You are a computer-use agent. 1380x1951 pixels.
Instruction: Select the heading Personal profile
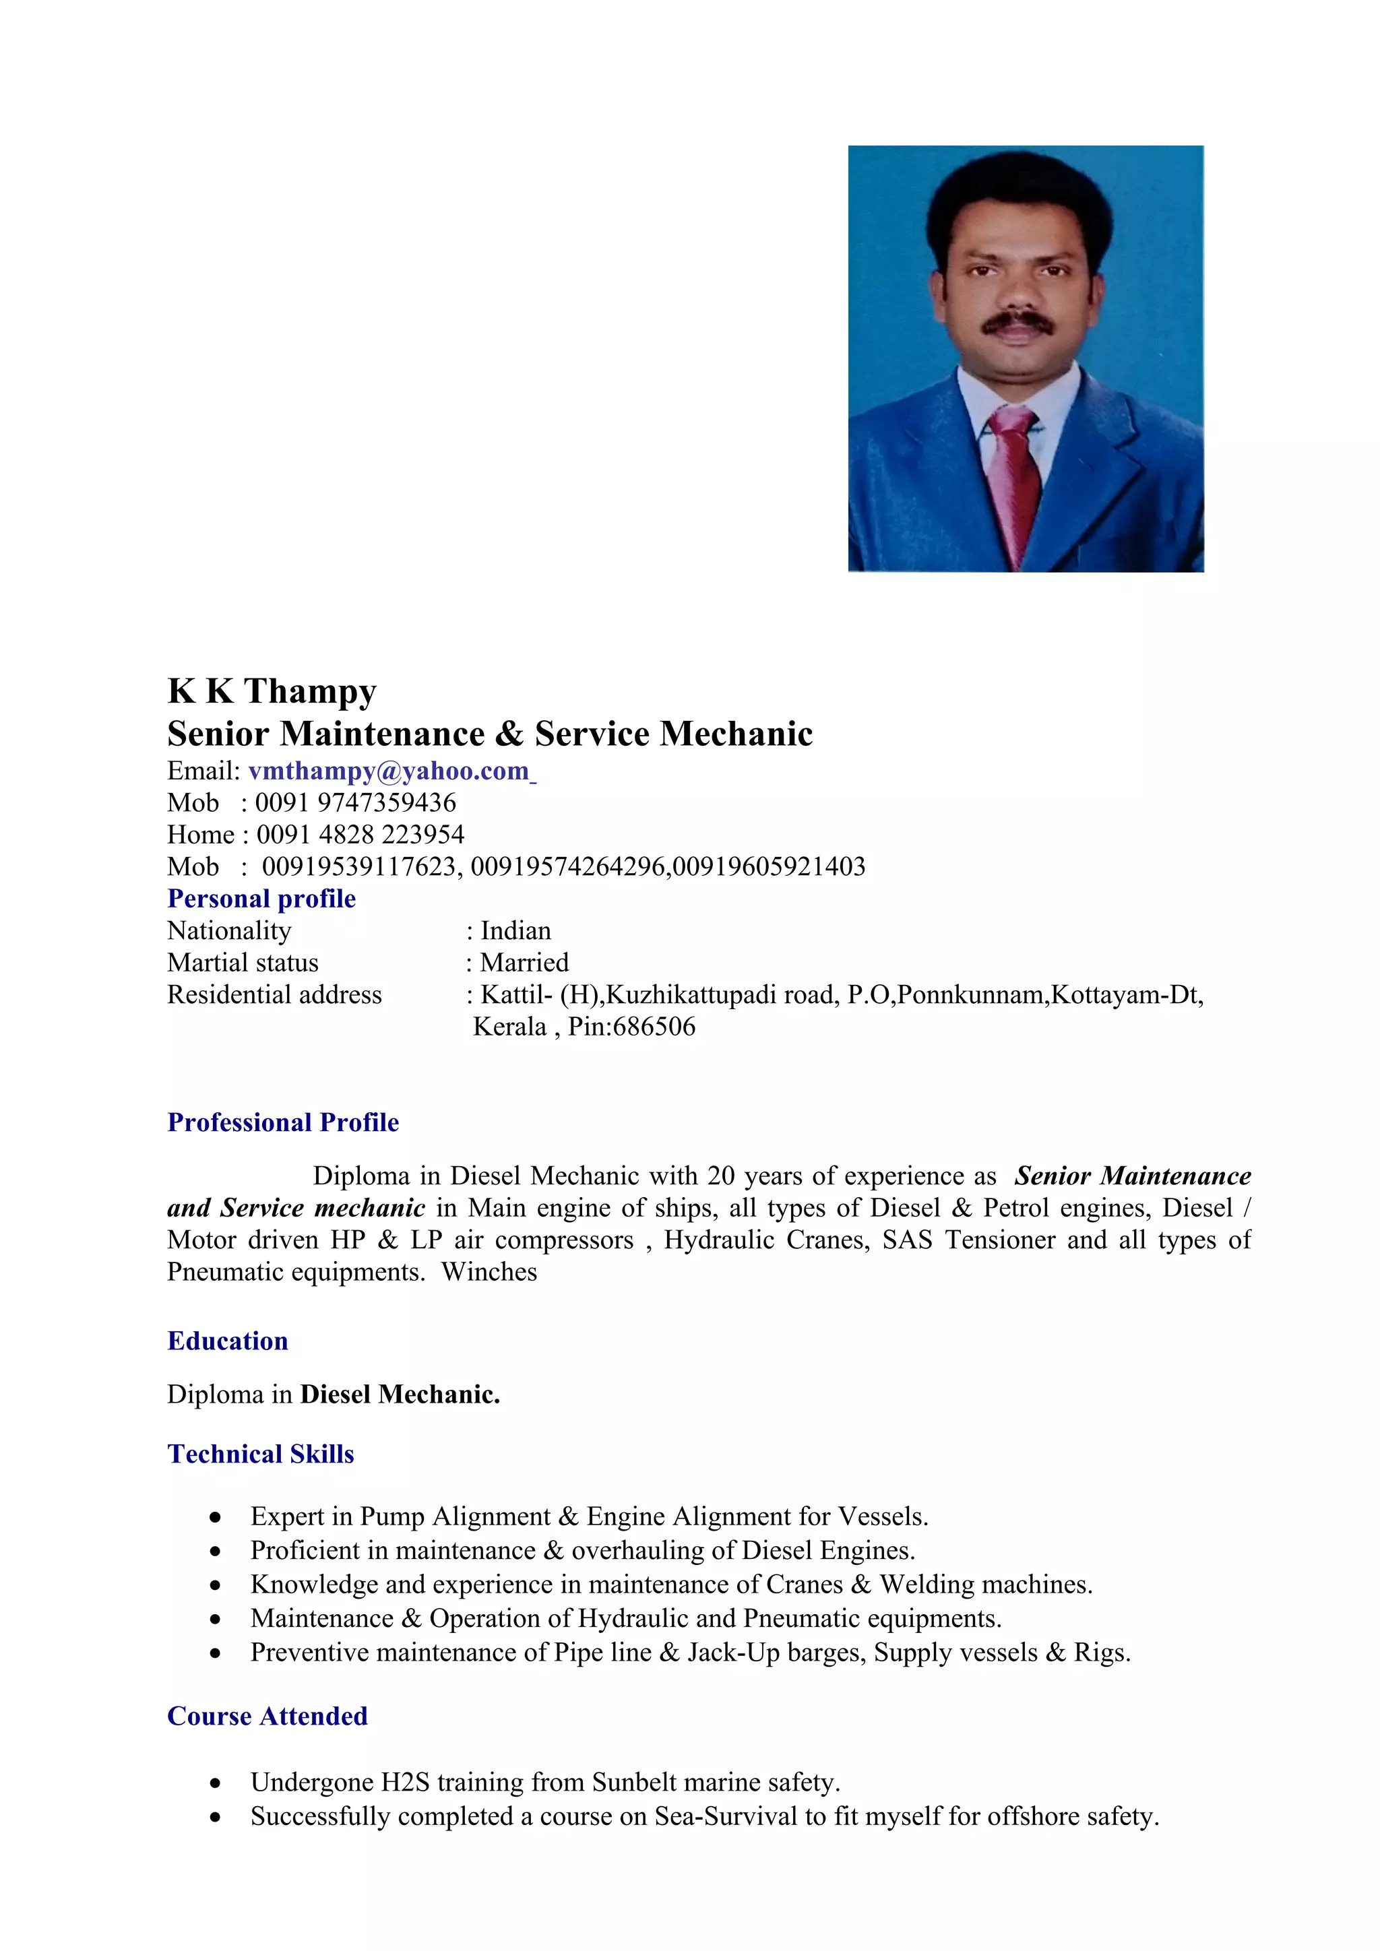(261, 898)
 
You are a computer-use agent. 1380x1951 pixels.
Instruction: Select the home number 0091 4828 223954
(360, 835)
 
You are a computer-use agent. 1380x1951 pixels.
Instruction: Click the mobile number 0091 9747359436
(355, 802)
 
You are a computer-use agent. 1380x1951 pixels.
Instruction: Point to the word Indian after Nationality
(515, 930)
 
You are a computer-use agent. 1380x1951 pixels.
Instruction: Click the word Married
(524, 963)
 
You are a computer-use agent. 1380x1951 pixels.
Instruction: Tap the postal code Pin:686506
(631, 1027)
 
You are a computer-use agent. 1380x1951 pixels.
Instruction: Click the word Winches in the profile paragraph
(489, 1272)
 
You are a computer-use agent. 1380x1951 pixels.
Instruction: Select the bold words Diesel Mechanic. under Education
(400, 1395)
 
